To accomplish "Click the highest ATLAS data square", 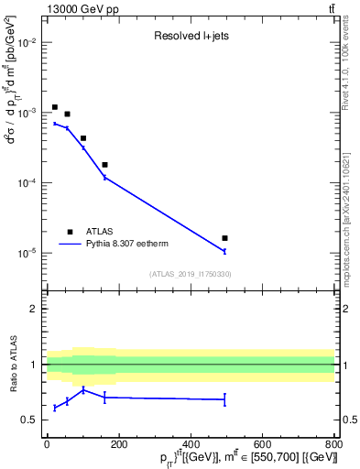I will [55, 107].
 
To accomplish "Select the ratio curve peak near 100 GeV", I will [83, 390].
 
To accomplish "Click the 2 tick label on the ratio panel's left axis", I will [34, 309].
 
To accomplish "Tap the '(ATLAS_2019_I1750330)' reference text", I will [191, 274].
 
